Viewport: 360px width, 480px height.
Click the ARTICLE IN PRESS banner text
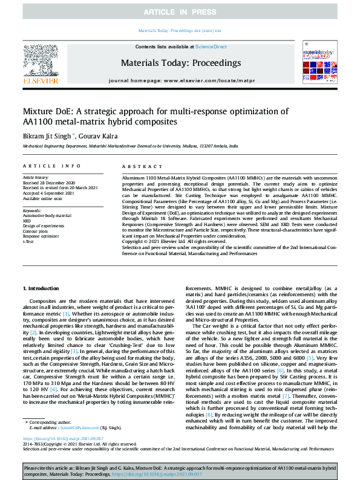coord(180,11)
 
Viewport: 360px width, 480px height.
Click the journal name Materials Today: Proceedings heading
coord(180,63)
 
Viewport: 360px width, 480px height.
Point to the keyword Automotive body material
coord(47,215)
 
